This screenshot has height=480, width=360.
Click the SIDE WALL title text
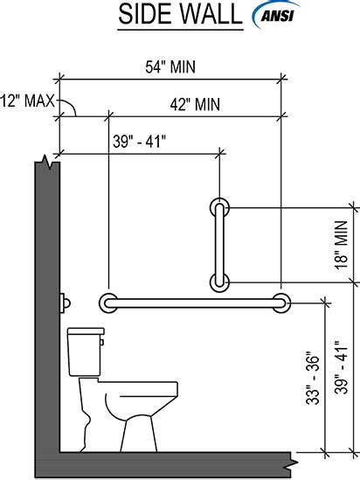click(180, 15)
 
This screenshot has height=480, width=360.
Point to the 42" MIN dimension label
click(194, 103)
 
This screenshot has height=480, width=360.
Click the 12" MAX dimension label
click(27, 100)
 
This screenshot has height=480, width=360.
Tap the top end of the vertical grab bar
click(218, 208)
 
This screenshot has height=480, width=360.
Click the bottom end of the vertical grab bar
click(218, 282)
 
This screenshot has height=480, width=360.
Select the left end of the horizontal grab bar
click(108, 303)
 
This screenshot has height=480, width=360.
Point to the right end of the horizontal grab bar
click(281, 303)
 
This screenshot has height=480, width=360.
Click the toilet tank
click(85, 353)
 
